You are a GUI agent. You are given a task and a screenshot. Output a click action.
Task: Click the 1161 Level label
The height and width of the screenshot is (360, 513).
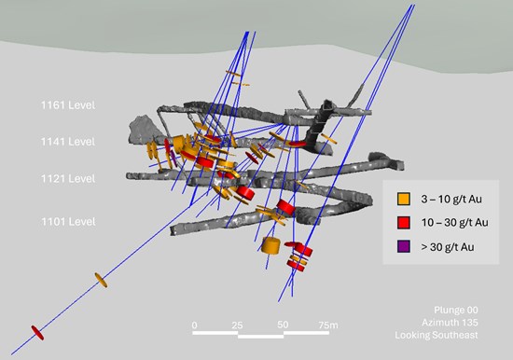68,105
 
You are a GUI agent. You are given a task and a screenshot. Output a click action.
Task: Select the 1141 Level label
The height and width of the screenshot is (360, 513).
68,142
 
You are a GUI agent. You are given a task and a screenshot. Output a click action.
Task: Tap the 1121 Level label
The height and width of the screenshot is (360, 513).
68,179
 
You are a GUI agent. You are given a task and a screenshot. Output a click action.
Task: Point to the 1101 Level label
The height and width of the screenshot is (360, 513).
68,222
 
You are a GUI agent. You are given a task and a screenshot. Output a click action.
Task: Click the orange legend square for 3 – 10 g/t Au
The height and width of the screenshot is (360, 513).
403,199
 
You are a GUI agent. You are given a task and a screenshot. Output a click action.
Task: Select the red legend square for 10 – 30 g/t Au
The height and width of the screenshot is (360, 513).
403,223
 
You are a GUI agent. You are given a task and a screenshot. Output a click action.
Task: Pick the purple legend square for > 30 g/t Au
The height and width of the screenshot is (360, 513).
403,246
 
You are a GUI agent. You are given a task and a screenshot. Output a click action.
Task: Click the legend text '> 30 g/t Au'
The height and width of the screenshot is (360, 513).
448,247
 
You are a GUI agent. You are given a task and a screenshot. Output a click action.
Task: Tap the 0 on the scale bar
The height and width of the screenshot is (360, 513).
195,325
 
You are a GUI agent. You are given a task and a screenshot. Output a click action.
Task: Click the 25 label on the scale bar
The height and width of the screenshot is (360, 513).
237,325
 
